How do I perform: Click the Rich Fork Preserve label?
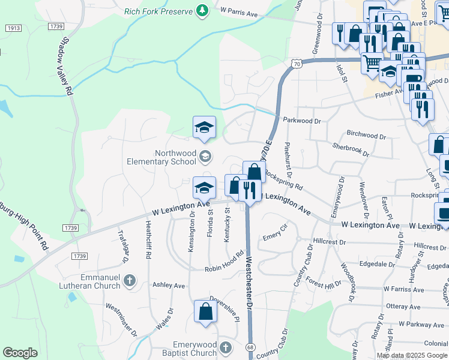click(158, 11)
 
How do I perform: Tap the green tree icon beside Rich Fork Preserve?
click(203, 11)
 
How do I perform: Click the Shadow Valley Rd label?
click(65, 67)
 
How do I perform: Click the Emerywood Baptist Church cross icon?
click(225, 348)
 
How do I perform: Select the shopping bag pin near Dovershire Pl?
click(205, 311)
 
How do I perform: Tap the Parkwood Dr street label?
click(302, 121)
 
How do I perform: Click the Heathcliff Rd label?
click(148, 239)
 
